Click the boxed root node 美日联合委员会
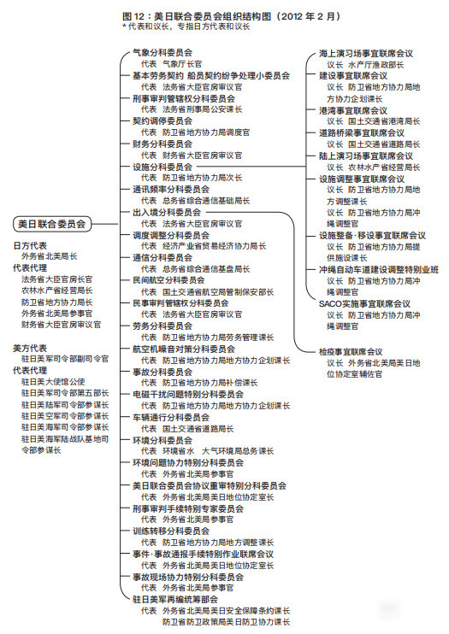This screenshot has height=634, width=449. [52, 224]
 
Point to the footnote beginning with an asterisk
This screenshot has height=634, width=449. [186, 26]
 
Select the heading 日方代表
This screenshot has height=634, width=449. [31, 245]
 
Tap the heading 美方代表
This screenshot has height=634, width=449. [31, 348]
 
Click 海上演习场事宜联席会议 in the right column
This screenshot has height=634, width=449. [366, 53]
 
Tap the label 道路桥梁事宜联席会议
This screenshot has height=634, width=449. [362, 133]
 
